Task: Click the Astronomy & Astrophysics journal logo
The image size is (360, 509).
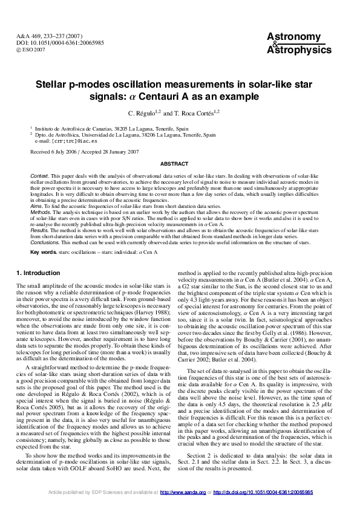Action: [x=299, y=44]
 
